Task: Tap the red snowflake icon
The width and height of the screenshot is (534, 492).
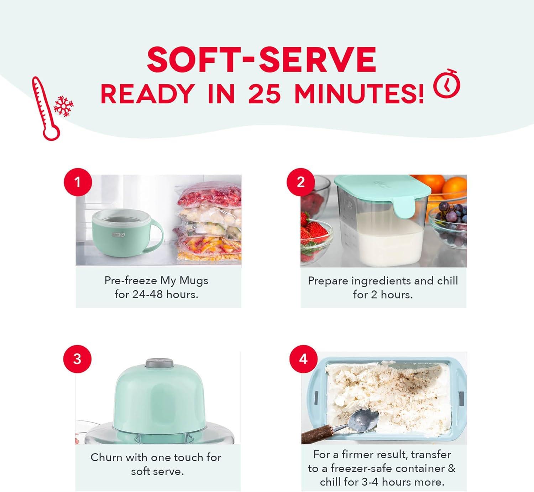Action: [x=63, y=106]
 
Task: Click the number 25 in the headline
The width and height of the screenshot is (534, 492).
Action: [x=264, y=94]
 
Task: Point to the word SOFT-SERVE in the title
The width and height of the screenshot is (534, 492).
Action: [x=262, y=59]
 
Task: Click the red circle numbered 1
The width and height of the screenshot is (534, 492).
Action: [x=78, y=182]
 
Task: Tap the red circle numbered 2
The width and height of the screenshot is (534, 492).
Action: [x=301, y=182]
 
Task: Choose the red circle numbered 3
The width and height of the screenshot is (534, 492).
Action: [x=77, y=359]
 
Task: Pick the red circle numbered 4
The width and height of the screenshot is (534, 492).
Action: [x=303, y=359]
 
